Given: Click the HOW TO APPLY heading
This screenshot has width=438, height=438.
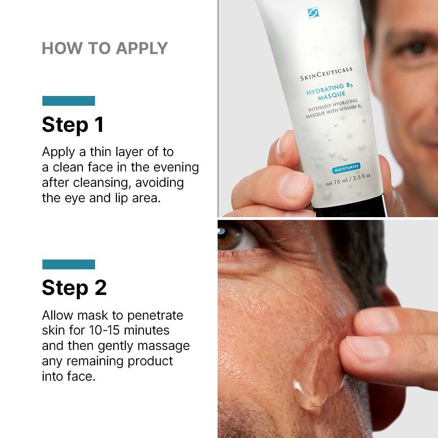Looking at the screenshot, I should point(104,48).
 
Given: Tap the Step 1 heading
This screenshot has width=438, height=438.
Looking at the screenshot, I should point(73,125).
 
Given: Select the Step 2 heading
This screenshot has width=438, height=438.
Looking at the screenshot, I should point(74,288).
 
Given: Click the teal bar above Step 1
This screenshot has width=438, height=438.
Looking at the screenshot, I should point(68,101).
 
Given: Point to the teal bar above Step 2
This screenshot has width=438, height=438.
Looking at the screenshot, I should point(68,264).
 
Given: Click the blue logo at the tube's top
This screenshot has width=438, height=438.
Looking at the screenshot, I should point(313,13).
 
